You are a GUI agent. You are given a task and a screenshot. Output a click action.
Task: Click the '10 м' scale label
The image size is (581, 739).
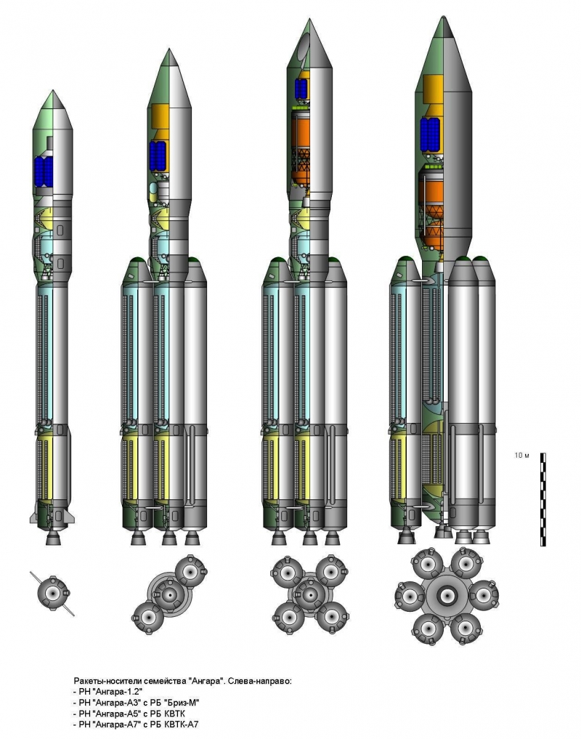521,456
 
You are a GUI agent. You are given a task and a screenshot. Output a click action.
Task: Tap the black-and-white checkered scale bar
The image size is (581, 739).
543,500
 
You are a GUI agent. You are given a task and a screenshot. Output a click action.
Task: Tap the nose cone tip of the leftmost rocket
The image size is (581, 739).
53,91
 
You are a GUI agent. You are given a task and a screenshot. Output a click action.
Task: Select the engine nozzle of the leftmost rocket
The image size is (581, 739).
53,538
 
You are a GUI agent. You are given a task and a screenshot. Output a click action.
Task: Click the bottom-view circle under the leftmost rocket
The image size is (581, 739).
53,593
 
